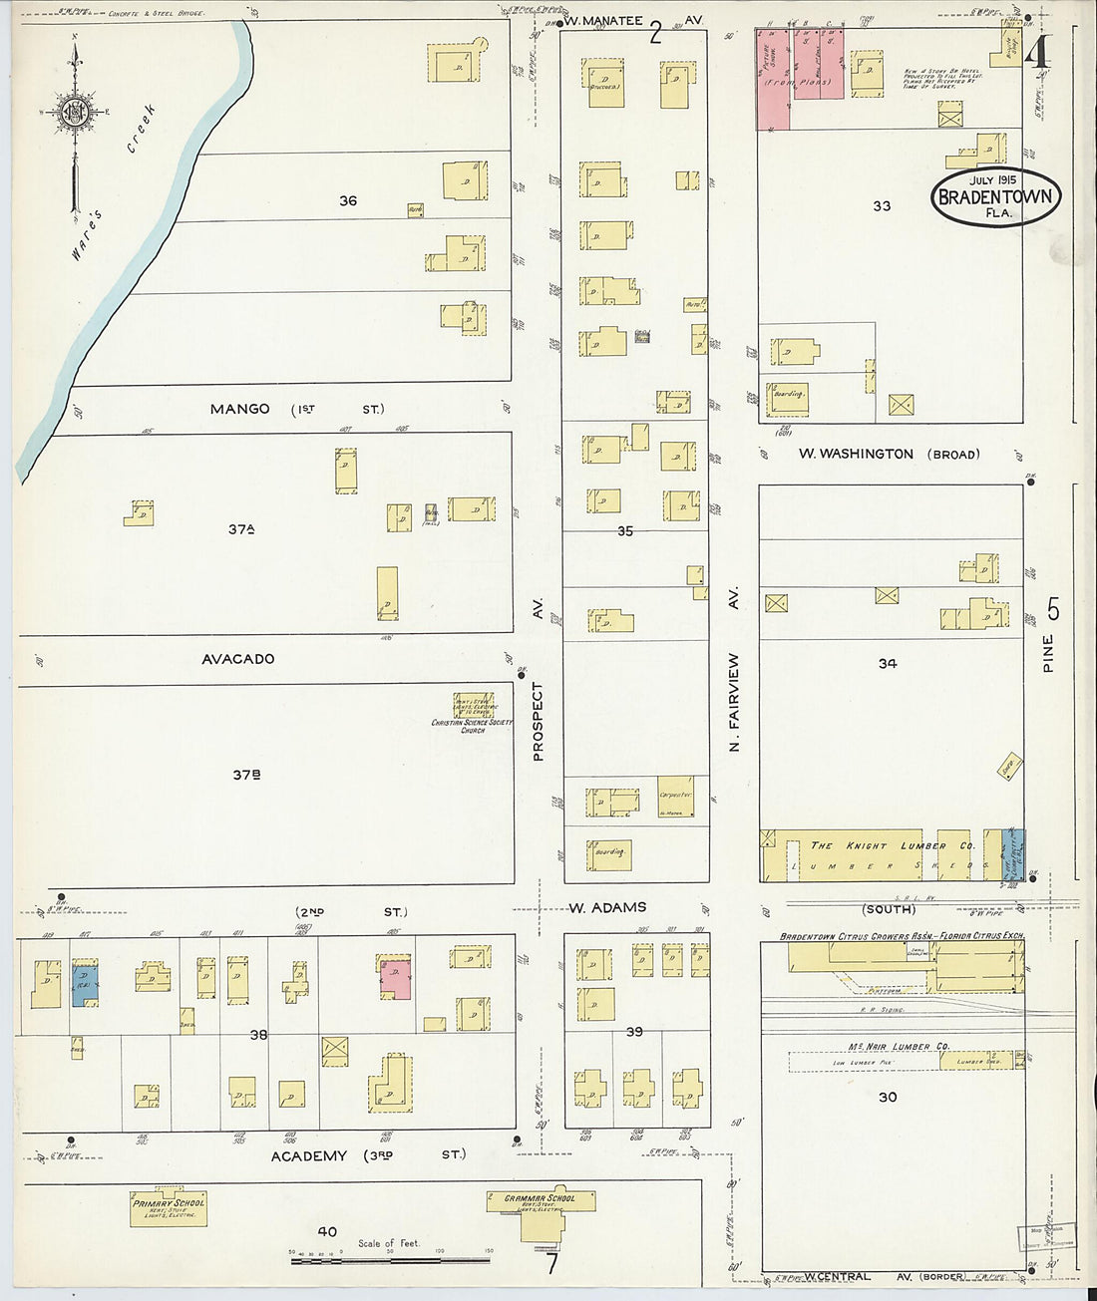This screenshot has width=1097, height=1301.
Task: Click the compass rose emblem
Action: (74, 112)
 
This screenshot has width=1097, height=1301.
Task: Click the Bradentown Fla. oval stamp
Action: (996, 196)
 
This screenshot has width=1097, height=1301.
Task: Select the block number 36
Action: (347, 200)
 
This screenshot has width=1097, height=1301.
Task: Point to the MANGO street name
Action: (239, 409)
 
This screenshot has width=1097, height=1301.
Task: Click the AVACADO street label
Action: (237, 659)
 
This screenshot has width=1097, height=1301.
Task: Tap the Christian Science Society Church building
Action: (474, 706)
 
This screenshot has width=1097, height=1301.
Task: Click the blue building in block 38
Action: (85, 985)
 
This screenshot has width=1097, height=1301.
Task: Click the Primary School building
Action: (169, 1206)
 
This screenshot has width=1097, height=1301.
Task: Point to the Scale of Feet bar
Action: (390, 1260)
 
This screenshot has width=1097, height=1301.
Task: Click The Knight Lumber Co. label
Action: (892, 845)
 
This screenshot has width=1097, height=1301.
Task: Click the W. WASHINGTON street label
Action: (856, 454)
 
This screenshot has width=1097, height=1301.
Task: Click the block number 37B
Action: (246, 774)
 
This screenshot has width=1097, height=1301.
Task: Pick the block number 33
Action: (882, 206)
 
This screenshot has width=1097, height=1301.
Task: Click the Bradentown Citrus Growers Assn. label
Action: (902, 937)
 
